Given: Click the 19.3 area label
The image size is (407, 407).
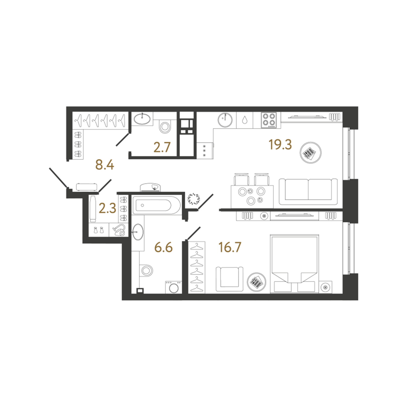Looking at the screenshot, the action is point(280,144).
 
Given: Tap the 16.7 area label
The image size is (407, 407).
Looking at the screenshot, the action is point(230,247).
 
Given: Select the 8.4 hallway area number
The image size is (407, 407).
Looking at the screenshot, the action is point(105,165).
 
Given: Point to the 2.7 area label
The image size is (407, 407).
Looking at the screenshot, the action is point(162,147).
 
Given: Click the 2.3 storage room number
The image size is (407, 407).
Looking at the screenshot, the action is point(107,208).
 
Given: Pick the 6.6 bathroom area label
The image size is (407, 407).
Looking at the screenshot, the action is point(163,247).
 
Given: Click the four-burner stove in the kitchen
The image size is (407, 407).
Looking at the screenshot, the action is point(269,120).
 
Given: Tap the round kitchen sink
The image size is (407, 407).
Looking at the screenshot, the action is point(225,120).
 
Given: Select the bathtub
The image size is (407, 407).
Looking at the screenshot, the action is point(157,205).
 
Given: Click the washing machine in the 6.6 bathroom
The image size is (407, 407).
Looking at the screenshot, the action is point(174,287).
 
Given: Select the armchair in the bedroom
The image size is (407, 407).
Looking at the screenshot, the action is point(230,279).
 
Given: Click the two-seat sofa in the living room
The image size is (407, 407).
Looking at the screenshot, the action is point(308,192).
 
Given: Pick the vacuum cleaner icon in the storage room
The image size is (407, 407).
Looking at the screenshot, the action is point(119,230).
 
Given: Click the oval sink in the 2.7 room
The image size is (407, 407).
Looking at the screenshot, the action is point(142,119).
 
